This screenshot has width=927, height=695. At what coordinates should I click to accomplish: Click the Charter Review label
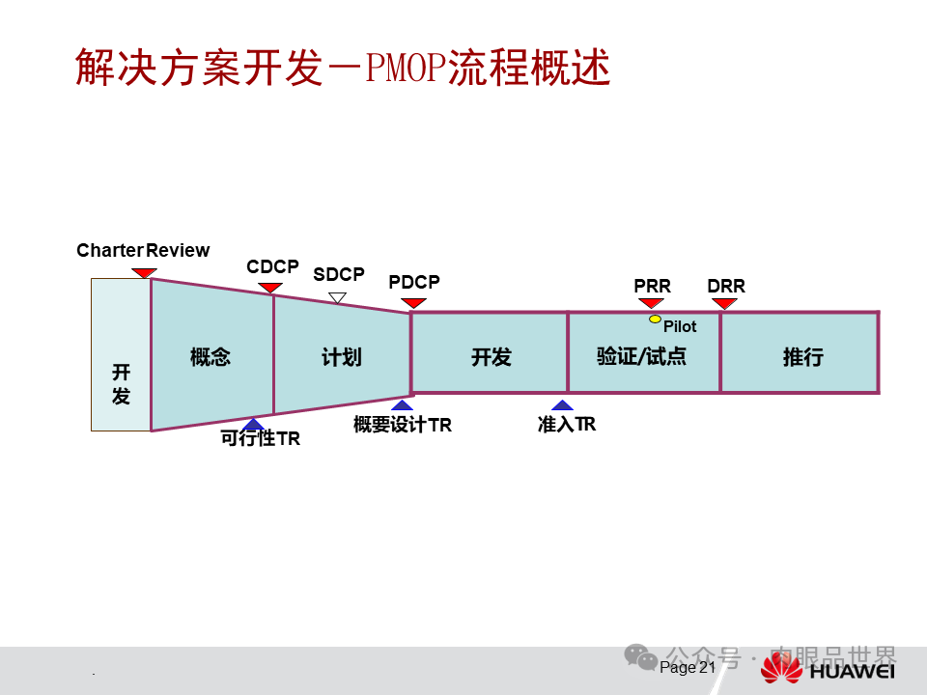point(143,251)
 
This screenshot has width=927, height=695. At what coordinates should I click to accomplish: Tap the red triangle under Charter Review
point(144,273)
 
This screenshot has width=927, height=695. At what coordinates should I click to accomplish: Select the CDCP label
point(272,266)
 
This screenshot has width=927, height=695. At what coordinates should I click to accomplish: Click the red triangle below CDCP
point(271,288)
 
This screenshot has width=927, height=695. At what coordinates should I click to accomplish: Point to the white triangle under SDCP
point(337,297)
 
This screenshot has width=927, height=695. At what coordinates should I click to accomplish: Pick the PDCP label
point(414,282)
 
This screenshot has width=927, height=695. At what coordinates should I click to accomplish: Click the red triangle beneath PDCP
point(414,303)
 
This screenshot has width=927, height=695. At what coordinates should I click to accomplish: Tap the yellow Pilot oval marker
point(655,319)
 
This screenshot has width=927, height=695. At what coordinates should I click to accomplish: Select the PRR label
point(652,287)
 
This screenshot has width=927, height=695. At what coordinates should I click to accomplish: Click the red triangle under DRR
point(724,304)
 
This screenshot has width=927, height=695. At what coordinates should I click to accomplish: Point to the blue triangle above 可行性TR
point(253,424)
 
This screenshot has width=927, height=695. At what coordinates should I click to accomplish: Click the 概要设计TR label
point(402,425)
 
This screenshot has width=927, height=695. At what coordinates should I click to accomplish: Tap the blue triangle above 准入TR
point(562,405)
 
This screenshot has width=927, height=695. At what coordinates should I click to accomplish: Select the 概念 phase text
point(211,357)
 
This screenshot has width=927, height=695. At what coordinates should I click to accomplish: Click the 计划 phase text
point(342,357)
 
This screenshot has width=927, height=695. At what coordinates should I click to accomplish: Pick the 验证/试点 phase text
point(641,356)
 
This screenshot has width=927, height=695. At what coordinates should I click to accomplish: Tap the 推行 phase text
point(802,357)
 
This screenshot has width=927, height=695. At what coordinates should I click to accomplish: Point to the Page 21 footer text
point(688,667)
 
